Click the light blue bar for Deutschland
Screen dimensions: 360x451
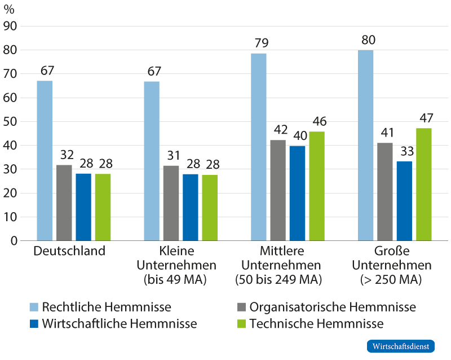(x=45, y=161)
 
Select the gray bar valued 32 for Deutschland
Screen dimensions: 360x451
(x=64, y=203)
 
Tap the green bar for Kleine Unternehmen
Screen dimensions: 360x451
(x=210, y=208)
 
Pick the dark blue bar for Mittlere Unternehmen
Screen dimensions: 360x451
(x=297, y=193)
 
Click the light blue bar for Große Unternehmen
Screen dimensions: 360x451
(x=366, y=146)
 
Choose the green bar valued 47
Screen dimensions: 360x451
(x=424, y=185)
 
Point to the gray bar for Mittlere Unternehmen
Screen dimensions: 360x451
(x=278, y=191)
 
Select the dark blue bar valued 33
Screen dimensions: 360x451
(x=404, y=201)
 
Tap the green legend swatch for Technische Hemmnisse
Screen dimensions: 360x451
(x=241, y=324)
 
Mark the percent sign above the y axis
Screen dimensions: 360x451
(x=10, y=10)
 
